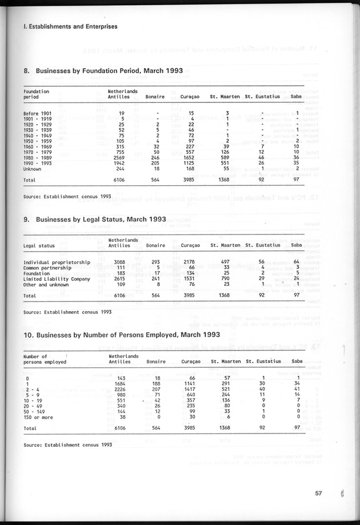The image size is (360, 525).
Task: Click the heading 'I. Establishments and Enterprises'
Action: pyautogui.click(x=70, y=26)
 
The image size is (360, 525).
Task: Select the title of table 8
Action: pyautogui.click(x=103, y=71)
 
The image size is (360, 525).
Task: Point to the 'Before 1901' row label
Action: pyautogui.click(x=38, y=113)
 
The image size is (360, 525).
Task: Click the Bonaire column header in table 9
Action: pyautogui.click(x=155, y=245)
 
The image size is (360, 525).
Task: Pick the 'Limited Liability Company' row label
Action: pyautogui.click(x=57, y=279)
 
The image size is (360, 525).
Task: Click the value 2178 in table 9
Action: pyautogui.click(x=187, y=262)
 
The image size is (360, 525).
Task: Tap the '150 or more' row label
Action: pyautogui.click(x=39, y=417)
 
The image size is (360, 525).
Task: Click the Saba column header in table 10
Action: pyautogui.click(x=297, y=361)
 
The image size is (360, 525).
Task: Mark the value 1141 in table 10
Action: pyautogui.click(x=187, y=384)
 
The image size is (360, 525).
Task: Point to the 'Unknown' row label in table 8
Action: pyautogui.click(x=33, y=169)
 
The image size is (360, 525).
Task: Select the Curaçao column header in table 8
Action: pyautogui.click(x=190, y=97)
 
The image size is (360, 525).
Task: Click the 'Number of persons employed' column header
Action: pyautogui.click(x=45, y=359)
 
